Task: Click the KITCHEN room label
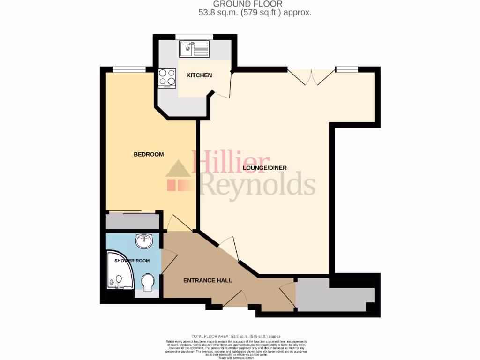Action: tap(199, 75)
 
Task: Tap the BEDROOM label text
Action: tap(149, 154)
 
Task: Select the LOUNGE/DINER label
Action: tap(265, 168)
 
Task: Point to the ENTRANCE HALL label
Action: tap(208, 280)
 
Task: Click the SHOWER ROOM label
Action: tap(132, 261)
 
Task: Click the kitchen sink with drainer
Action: tap(194, 48)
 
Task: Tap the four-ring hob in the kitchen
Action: tap(167, 78)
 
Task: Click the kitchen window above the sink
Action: tap(194, 36)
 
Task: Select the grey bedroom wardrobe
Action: tap(133, 221)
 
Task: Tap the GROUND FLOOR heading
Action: tap(248, 4)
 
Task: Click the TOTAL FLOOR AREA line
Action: tap(236, 336)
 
